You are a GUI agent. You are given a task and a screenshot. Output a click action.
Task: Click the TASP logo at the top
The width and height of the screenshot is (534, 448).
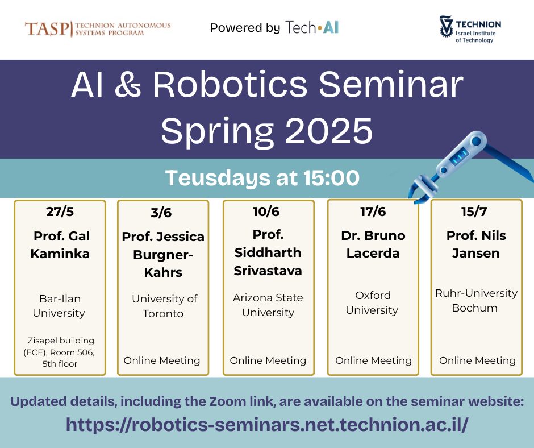click(97, 28)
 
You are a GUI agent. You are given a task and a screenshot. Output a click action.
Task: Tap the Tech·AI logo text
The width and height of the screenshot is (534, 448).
click(312, 27)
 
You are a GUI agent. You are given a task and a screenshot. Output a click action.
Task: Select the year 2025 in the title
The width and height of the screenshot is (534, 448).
click(329, 131)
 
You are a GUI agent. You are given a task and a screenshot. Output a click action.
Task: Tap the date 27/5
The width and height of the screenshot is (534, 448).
click(60, 212)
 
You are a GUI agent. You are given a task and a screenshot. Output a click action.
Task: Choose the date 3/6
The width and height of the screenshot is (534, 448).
click(161, 213)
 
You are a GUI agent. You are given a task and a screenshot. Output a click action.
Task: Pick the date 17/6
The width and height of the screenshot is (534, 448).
click(373, 212)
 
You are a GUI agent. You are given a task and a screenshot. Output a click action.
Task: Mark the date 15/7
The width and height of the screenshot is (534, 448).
click(475, 212)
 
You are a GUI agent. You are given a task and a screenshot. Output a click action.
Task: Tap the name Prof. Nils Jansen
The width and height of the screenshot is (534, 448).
click(476, 244)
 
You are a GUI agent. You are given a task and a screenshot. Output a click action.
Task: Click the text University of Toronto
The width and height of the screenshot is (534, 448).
click(164, 306)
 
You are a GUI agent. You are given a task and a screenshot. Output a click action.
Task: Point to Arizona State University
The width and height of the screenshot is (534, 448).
click(268, 305)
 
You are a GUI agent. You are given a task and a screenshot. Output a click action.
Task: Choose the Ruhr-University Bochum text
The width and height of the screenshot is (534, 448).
click(476, 300)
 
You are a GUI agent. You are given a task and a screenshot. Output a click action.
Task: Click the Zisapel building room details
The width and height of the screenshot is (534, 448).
click(61, 352)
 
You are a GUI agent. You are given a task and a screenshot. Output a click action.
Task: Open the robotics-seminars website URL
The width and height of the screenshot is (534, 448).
click(266, 424)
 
